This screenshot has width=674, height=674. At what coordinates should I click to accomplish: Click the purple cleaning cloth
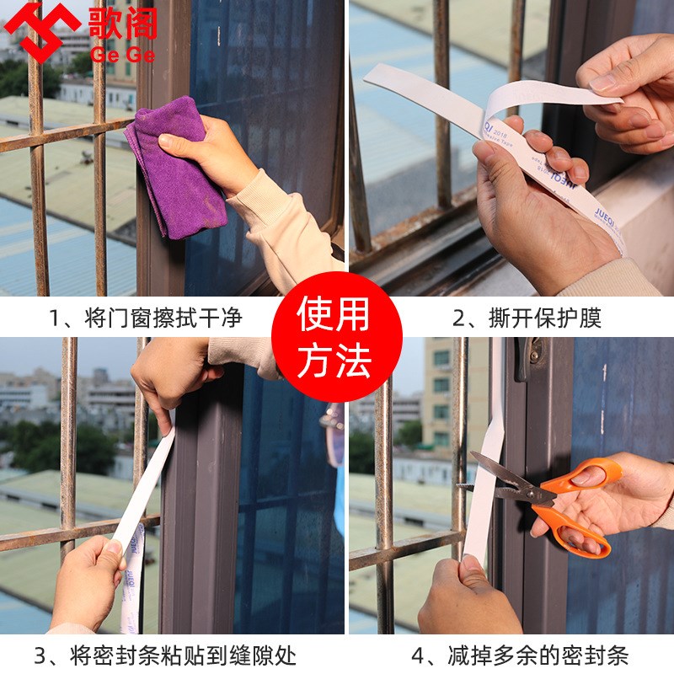click(x=173, y=173)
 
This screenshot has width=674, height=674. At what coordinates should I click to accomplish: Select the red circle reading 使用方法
click(x=336, y=336)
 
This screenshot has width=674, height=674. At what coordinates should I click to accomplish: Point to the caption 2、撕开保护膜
click(x=527, y=318)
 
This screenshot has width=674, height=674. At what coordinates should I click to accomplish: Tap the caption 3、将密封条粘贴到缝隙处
click(x=165, y=655)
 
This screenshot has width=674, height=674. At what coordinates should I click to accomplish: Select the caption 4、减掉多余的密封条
click(x=520, y=655)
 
